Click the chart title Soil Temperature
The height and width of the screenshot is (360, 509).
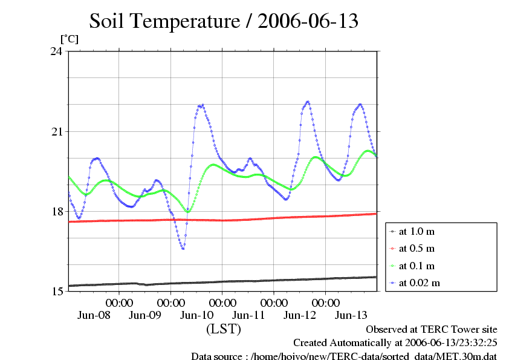pyautogui.click(x=224, y=22)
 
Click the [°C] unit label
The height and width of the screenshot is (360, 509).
pyautogui.click(x=69, y=39)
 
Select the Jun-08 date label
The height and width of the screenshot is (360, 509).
pyautogui.click(x=94, y=315)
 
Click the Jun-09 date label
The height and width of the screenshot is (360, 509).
pyautogui.click(x=145, y=315)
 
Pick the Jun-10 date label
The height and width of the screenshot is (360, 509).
pyautogui.click(x=197, y=315)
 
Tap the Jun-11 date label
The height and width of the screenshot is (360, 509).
pyautogui.click(x=249, y=315)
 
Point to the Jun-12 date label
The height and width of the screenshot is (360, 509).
pyautogui.click(x=300, y=315)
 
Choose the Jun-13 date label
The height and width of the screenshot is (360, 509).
pyautogui.click(x=352, y=315)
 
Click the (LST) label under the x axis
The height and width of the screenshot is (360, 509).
pyautogui.click(x=224, y=329)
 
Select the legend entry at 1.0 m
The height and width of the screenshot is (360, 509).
pyautogui.click(x=417, y=232)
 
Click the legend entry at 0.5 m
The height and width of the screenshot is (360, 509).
pyautogui.click(x=417, y=249)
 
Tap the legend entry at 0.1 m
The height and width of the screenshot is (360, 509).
pyautogui.click(x=417, y=266)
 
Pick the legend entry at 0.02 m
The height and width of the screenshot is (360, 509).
pyautogui.click(x=419, y=283)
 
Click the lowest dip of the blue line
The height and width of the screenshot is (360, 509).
pyautogui.click(x=183, y=248)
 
